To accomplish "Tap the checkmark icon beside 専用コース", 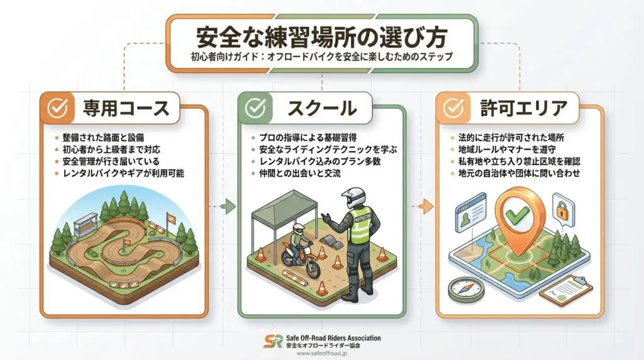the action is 57,108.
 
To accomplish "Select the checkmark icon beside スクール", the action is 255,108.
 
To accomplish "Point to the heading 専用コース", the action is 126,108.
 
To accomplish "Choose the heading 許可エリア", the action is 524,108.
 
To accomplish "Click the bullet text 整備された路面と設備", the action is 103,138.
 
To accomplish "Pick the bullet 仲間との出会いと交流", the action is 300,173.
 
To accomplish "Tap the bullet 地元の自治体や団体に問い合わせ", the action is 519,173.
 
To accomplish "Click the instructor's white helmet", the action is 353,198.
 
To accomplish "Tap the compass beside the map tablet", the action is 466,288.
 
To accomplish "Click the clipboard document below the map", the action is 565,291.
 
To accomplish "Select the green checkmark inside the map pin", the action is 517,214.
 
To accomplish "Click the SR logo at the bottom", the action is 273,342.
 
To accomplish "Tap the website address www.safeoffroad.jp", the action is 322,354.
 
